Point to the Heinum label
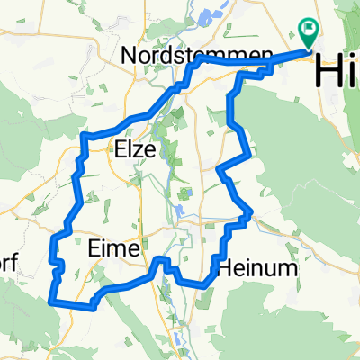point(251,267)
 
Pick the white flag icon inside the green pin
point(310,30)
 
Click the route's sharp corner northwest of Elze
point(84,136)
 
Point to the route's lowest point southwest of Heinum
point(205,287)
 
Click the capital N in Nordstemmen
point(130,55)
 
